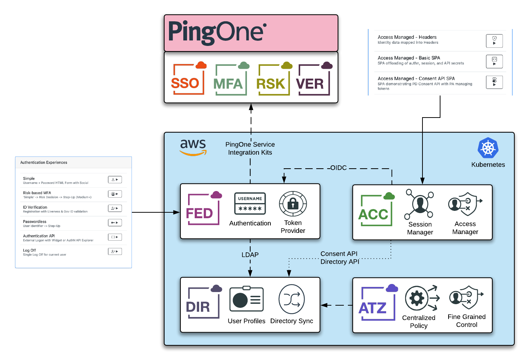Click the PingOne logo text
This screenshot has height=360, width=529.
[217, 32]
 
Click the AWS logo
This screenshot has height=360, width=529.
[193, 147]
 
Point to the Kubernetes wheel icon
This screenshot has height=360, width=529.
[488, 148]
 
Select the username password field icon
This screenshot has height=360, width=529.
[250, 204]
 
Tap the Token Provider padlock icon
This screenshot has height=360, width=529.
[293, 204]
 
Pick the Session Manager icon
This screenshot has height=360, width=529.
[419, 204]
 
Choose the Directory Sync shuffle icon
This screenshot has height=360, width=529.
[292, 299]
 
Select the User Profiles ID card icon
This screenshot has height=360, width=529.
[246, 299]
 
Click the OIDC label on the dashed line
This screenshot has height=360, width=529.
[338, 168]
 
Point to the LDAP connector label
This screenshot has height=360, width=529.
[250, 255]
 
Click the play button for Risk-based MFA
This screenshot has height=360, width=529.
[115, 194]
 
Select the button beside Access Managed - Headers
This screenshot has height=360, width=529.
[494, 41]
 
